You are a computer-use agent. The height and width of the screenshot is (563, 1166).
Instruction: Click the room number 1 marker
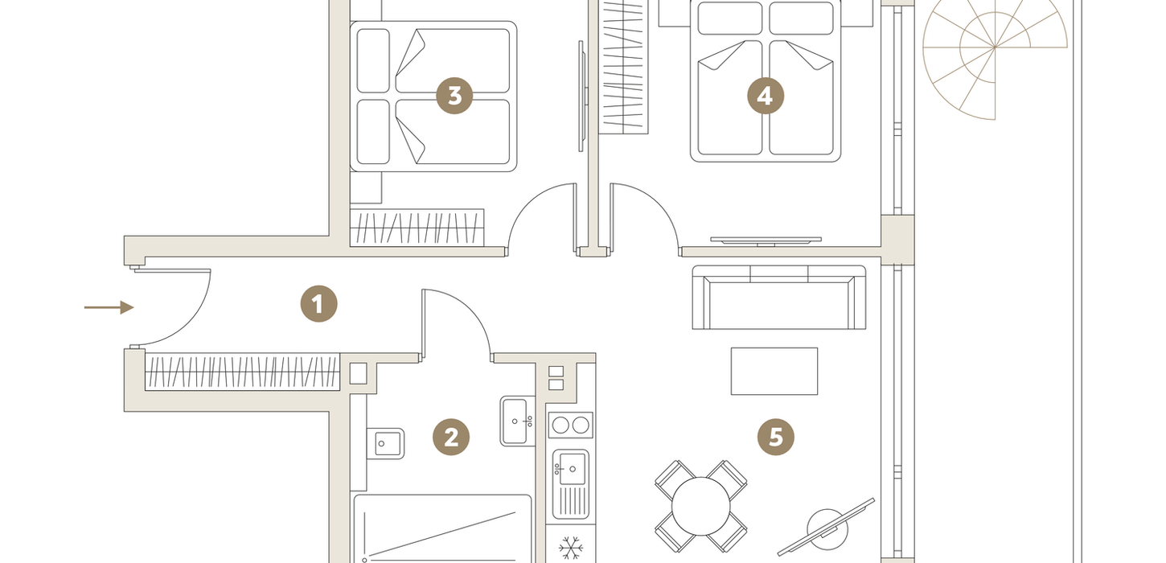click(318, 304)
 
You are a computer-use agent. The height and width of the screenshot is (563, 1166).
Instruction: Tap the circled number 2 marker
click(451, 437)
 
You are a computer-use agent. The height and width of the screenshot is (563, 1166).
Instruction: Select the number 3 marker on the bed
click(454, 96)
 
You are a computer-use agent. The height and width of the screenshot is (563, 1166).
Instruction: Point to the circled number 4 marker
click(766, 96)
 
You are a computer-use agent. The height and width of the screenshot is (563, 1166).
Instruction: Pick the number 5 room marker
click(776, 437)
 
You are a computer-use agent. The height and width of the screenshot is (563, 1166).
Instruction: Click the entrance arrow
click(109, 307)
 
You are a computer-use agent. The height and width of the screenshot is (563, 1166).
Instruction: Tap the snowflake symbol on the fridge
click(570, 548)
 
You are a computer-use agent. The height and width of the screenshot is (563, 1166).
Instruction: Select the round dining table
click(700, 506)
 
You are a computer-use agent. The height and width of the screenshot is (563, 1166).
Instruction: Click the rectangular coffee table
click(774, 371)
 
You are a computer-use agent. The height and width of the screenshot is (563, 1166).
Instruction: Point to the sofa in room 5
click(778, 297)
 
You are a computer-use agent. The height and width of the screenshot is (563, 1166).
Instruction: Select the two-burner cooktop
click(570, 425)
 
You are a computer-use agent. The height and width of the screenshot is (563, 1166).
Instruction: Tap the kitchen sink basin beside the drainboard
click(571, 469)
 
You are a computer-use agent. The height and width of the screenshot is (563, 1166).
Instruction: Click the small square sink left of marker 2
click(386, 444)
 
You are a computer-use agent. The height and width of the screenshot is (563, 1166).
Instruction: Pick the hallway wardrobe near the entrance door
click(242, 372)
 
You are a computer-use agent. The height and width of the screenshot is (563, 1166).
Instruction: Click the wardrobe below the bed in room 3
click(417, 228)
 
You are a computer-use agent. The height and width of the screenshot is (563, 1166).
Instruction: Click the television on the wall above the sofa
click(766, 240)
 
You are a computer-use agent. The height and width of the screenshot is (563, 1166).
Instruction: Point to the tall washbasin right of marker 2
click(517, 421)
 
